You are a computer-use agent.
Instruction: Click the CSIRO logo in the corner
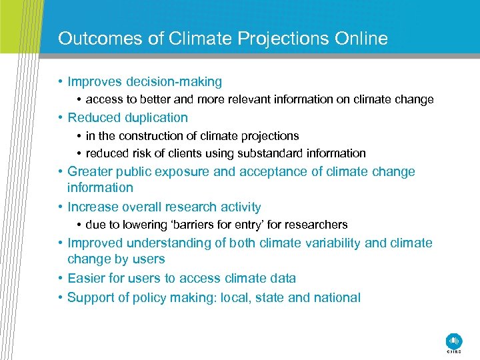coord(454,341)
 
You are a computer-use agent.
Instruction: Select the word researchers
coord(317,225)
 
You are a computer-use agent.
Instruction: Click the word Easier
coord(87,279)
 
